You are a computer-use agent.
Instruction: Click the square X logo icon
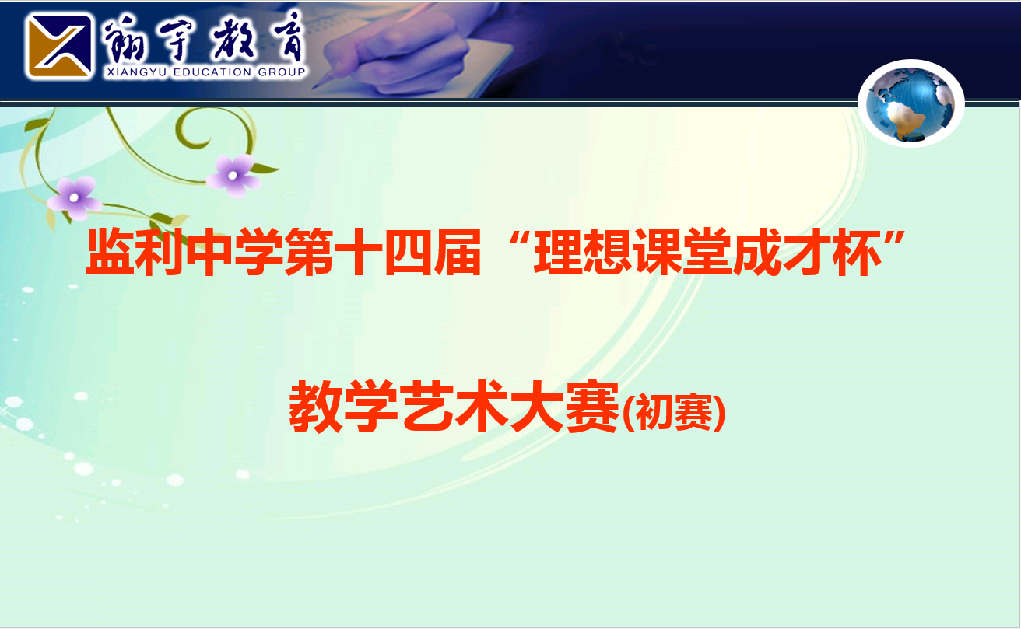[x=59, y=46]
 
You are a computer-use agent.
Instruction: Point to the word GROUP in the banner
[x=281, y=72]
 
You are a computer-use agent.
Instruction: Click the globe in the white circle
[x=910, y=104]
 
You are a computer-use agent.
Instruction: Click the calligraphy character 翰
[x=124, y=40]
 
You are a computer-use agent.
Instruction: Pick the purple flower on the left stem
[x=74, y=198]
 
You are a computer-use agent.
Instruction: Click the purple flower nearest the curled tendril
[x=233, y=176]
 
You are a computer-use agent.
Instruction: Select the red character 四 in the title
[x=408, y=252]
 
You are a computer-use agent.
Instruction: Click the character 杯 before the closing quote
[x=857, y=252]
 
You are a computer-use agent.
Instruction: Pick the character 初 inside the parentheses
[x=654, y=412]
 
